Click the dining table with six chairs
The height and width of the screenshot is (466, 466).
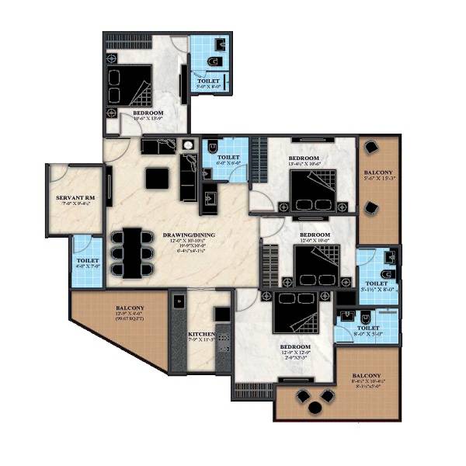[133, 251]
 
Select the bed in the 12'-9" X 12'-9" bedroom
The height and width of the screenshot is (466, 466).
[294, 315]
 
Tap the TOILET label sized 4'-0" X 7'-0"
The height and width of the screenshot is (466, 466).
[87, 262]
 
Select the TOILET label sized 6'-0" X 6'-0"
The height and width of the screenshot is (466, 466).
[229, 158]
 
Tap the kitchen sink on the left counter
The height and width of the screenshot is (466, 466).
[178, 302]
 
